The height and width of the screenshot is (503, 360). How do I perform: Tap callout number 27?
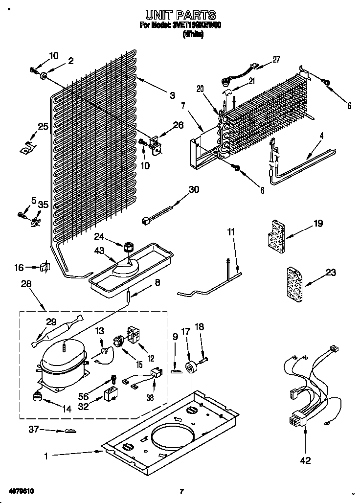coord(276,60)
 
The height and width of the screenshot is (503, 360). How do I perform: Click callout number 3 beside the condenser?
coord(172,96)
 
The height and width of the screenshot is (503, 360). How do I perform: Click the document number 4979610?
coord(21,490)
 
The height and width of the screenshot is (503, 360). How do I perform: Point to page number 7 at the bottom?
coord(181,491)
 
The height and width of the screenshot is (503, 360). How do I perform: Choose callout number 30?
coord(194,189)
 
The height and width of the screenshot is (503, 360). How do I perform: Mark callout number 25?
coord(43,127)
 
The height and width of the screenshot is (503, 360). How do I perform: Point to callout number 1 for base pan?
coord(45,457)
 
